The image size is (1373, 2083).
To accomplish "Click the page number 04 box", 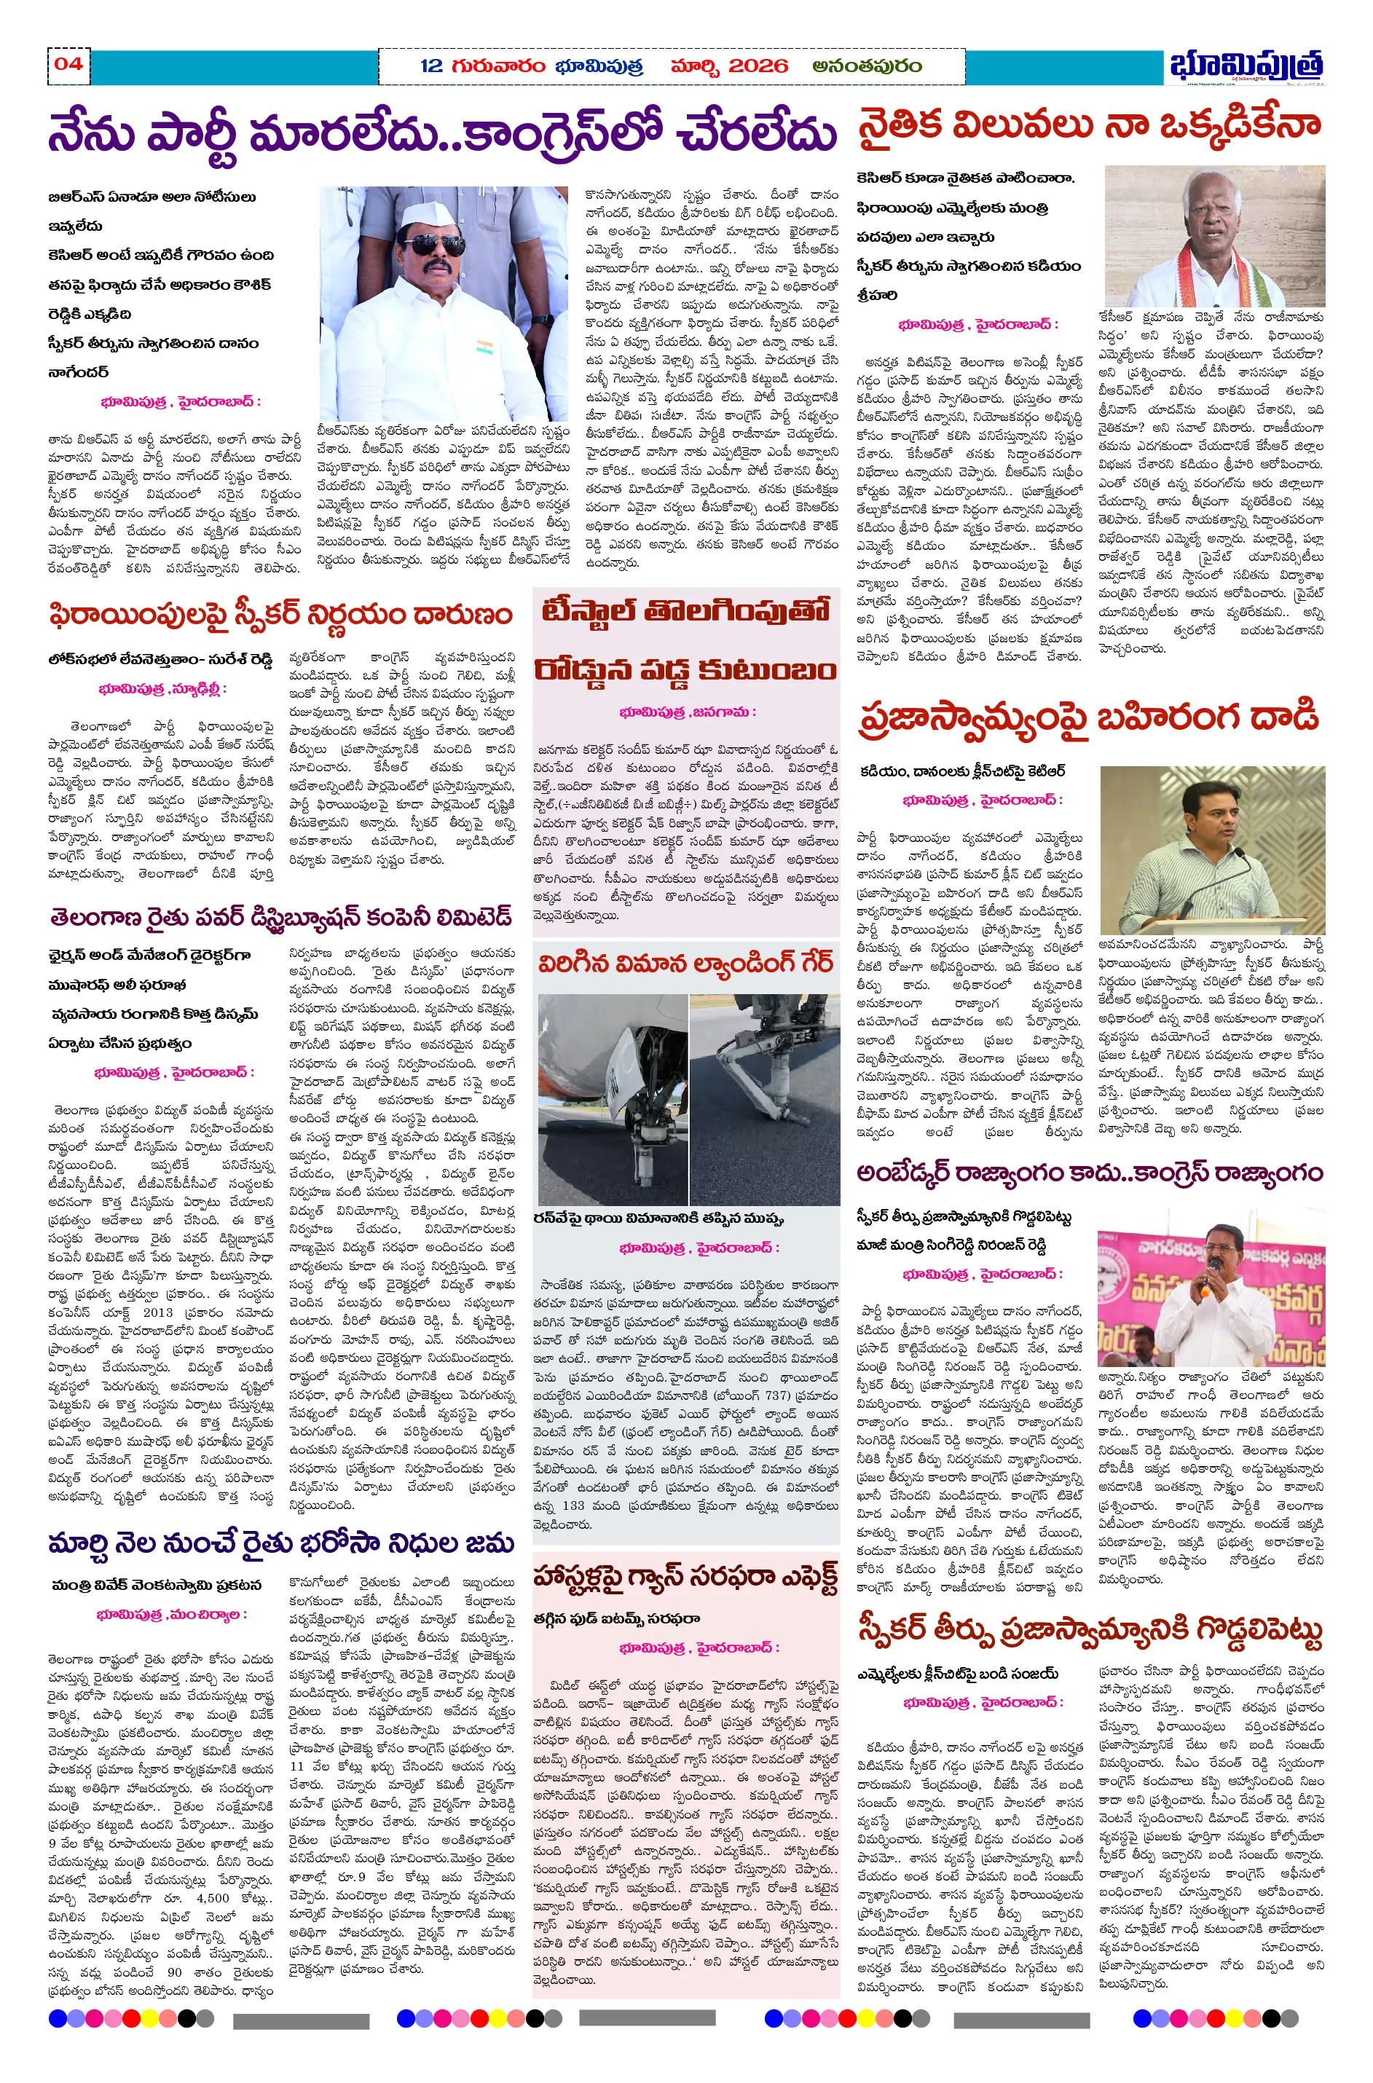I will coord(68,64).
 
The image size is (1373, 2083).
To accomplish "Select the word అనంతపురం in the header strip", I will coord(867,66).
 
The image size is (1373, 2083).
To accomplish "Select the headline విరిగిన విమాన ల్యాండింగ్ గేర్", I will coord(685,964).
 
